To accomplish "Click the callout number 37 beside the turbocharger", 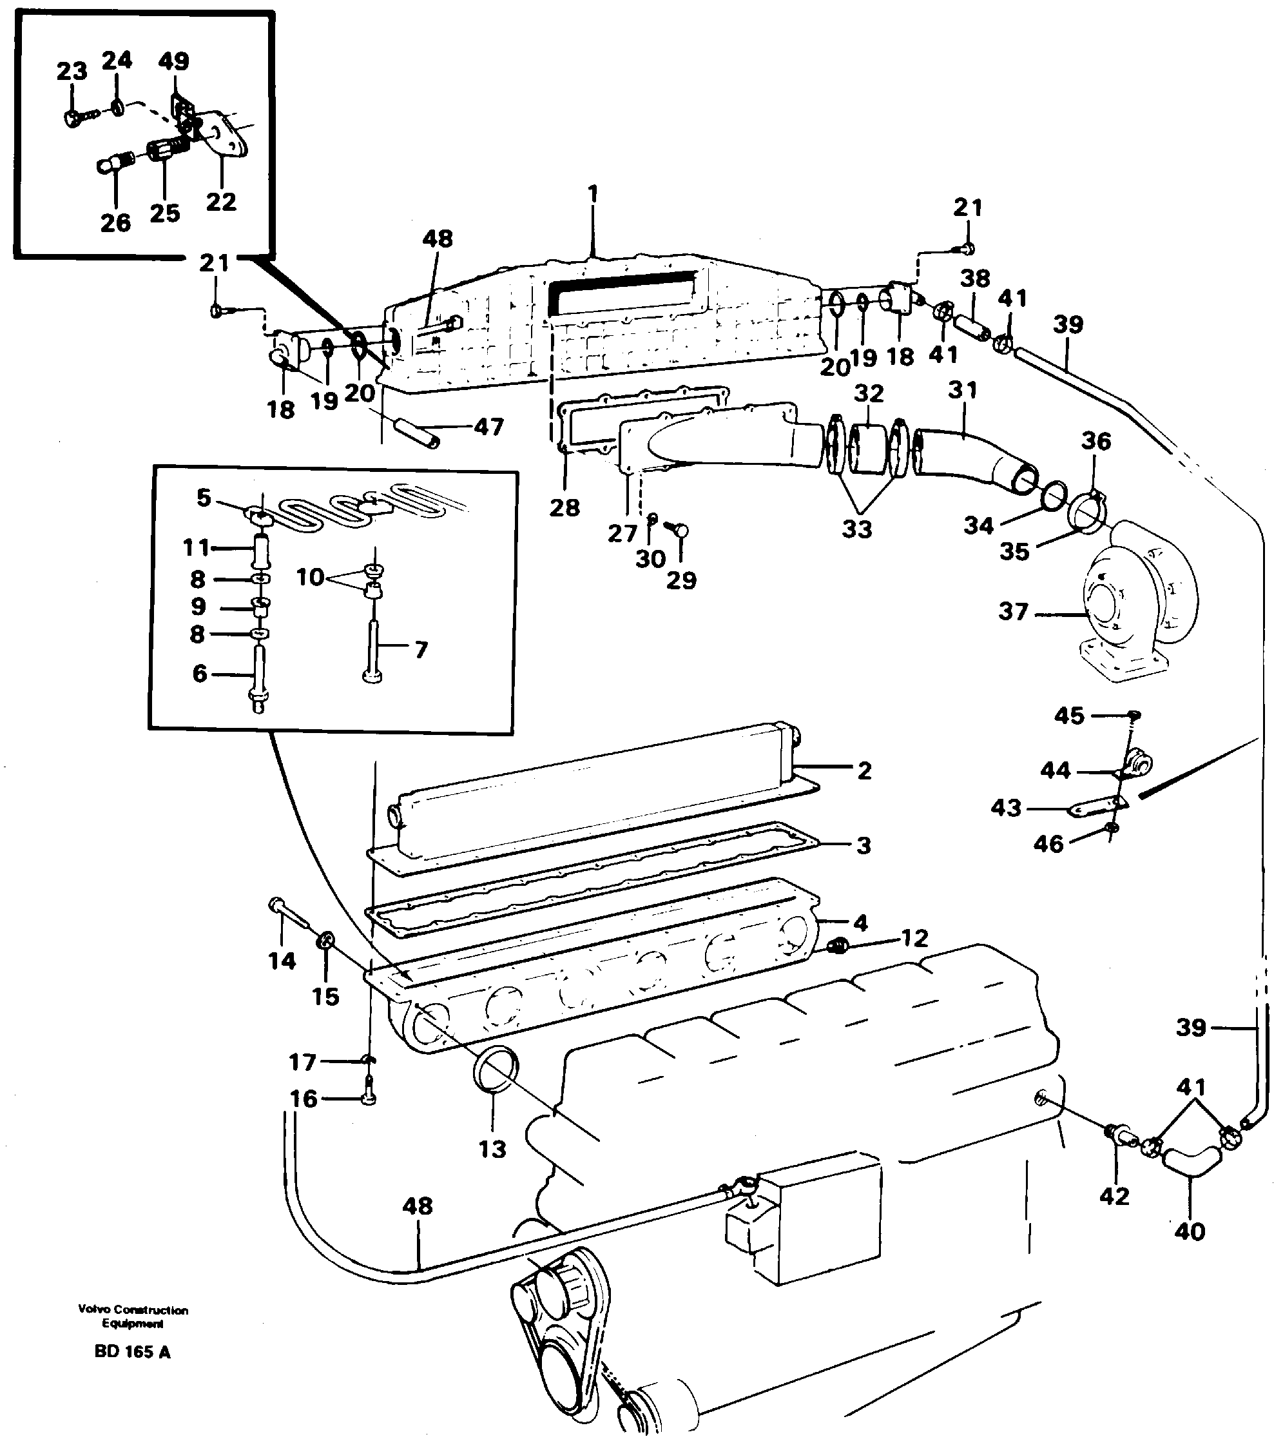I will coord(1013,611).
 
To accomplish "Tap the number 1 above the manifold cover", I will coord(593,193).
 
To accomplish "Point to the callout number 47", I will coord(488,427).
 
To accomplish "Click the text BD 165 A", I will coord(132,1352).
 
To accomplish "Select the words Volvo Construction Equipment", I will coord(133,1317).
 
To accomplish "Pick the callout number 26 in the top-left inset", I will coord(115,223).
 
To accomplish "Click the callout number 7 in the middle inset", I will coord(421,649).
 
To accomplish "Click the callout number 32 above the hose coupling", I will coord(869,393).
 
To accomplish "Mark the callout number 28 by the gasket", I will coord(565,507).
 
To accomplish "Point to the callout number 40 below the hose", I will coord(1190,1231).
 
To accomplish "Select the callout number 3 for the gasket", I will coord(864,845).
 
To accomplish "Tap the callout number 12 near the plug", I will coord(914,938).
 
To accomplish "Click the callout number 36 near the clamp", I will coord(1096,442).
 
